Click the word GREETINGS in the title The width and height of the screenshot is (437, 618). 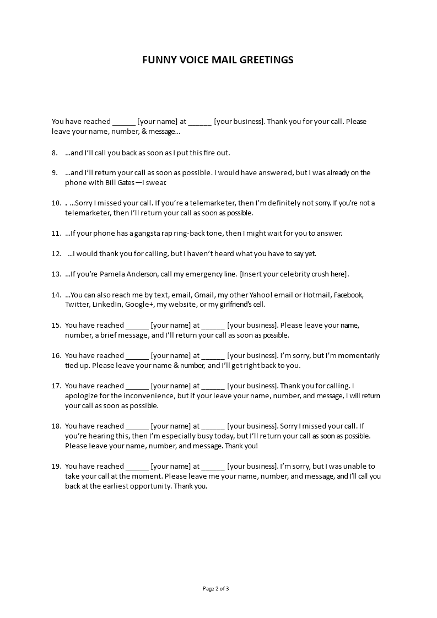(x=266, y=60)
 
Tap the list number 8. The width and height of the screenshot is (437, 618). (x=54, y=153)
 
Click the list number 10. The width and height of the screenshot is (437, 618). (x=56, y=203)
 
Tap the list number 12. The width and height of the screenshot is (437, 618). (x=56, y=253)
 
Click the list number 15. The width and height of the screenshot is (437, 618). (x=56, y=325)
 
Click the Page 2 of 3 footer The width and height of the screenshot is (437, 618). (x=216, y=588)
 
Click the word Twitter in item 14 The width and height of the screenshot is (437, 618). (x=77, y=305)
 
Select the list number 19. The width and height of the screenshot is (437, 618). (x=56, y=466)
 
